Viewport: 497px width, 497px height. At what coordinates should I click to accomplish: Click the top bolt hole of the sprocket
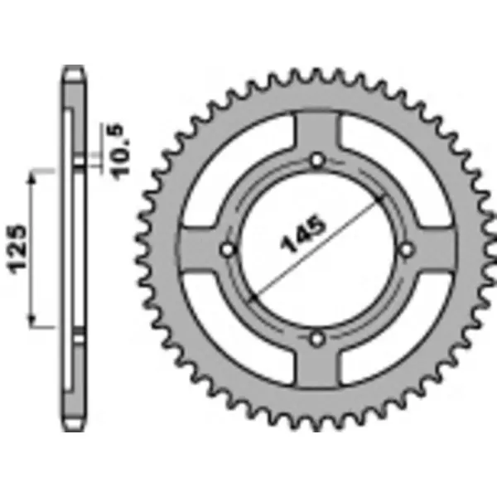tap(317, 160)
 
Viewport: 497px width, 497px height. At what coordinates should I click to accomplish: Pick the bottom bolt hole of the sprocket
tap(317, 338)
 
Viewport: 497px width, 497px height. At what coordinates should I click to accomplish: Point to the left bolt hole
tap(229, 248)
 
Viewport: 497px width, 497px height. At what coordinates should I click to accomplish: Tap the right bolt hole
tap(406, 248)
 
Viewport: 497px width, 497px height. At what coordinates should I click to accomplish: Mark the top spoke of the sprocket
tap(317, 133)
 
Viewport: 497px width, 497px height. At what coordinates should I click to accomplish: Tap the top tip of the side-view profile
tap(72, 68)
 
